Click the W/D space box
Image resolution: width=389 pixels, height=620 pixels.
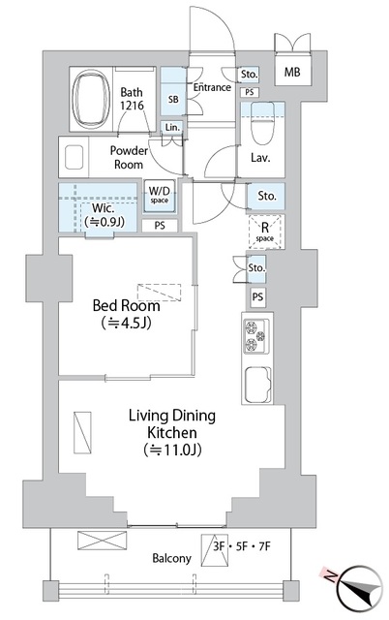[159, 195]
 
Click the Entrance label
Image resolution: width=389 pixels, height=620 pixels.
[212, 88]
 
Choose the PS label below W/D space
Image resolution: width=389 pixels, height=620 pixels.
[158, 226]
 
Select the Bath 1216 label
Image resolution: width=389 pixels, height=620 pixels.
[134, 97]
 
